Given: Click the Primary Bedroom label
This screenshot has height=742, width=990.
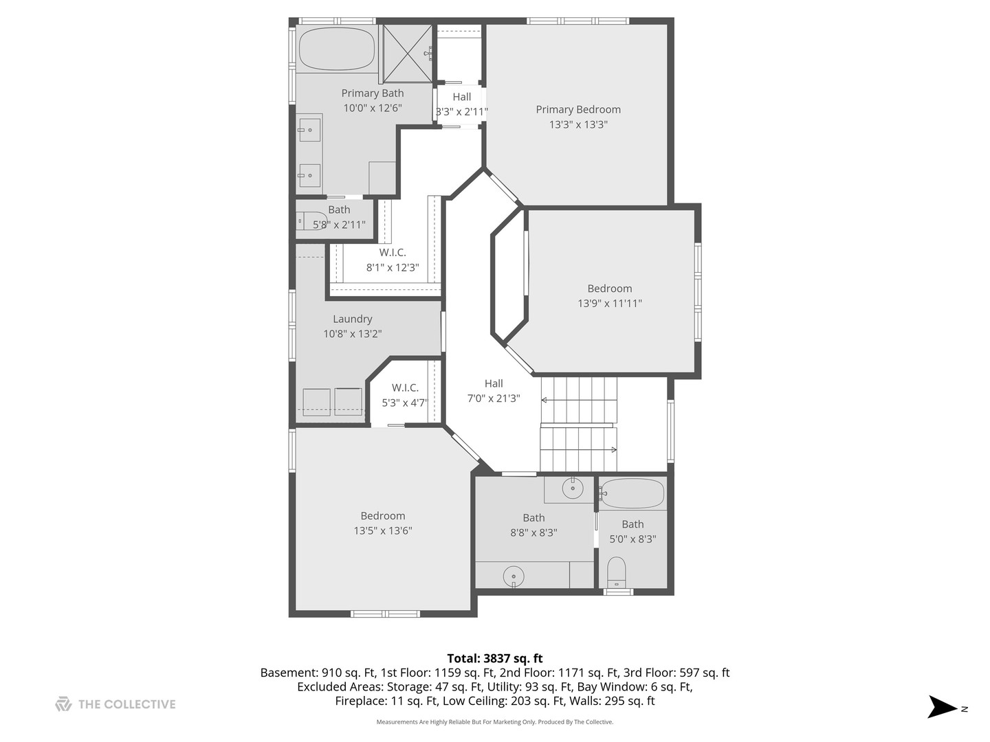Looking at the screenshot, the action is (x=577, y=109).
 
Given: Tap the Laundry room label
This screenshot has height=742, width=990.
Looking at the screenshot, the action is (x=352, y=319).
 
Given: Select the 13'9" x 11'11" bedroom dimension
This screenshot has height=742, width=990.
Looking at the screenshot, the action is (x=609, y=303).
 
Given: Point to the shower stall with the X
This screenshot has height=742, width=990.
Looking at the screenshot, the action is (x=407, y=54).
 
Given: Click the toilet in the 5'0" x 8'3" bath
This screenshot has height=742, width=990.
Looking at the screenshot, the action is (x=617, y=572).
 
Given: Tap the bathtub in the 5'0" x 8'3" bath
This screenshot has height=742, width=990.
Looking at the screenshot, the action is (x=632, y=494).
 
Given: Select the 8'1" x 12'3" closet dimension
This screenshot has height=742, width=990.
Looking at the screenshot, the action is (x=393, y=268).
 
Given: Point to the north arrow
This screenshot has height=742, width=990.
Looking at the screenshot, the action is (x=942, y=707).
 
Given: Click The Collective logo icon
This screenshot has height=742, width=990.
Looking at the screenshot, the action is (x=63, y=704).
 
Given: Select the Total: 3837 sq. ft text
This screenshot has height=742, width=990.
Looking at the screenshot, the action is (x=495, y=659).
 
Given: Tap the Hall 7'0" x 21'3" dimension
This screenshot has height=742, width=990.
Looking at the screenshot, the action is (x=494, y=398).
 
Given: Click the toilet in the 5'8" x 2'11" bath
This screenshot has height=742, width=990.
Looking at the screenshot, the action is (x=312, y=221).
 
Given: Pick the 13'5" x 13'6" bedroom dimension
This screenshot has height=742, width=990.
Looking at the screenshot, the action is (x=382, y=530).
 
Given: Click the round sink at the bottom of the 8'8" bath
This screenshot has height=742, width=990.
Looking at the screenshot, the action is (x=514, y=576).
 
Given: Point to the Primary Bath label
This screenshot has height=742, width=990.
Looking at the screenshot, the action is (x=372, y=93).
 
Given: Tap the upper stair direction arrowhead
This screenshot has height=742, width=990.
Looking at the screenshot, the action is (x=544, y=400).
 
